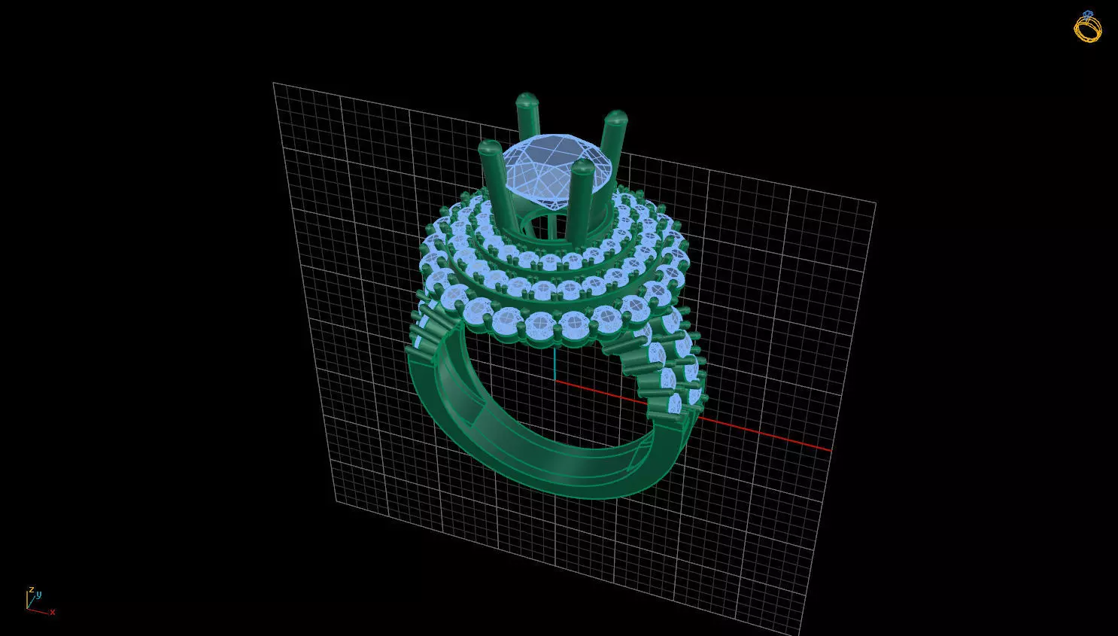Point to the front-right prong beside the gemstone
pos(582,188)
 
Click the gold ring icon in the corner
pos(1087,27)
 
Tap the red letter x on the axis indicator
pos(53,613)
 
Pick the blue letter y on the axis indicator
pos(38,595)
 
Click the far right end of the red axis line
pos(830,450)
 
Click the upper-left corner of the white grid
pos(273,83)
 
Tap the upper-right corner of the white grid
pos(876,202)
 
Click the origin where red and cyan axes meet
pos(555,380)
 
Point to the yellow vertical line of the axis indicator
pos(28,599)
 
